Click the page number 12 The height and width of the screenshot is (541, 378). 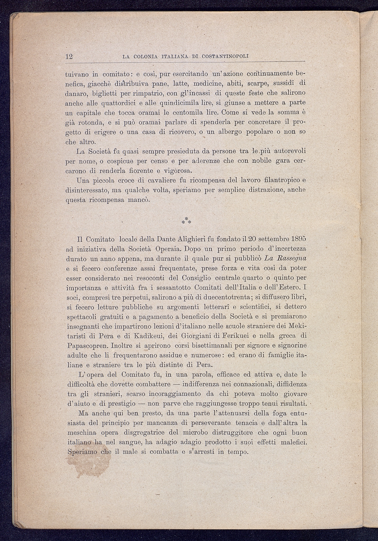click(69, 56)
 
